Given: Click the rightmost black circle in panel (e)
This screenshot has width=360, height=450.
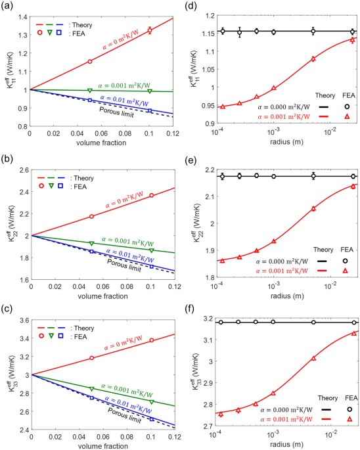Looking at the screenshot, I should tap(353, 176).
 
